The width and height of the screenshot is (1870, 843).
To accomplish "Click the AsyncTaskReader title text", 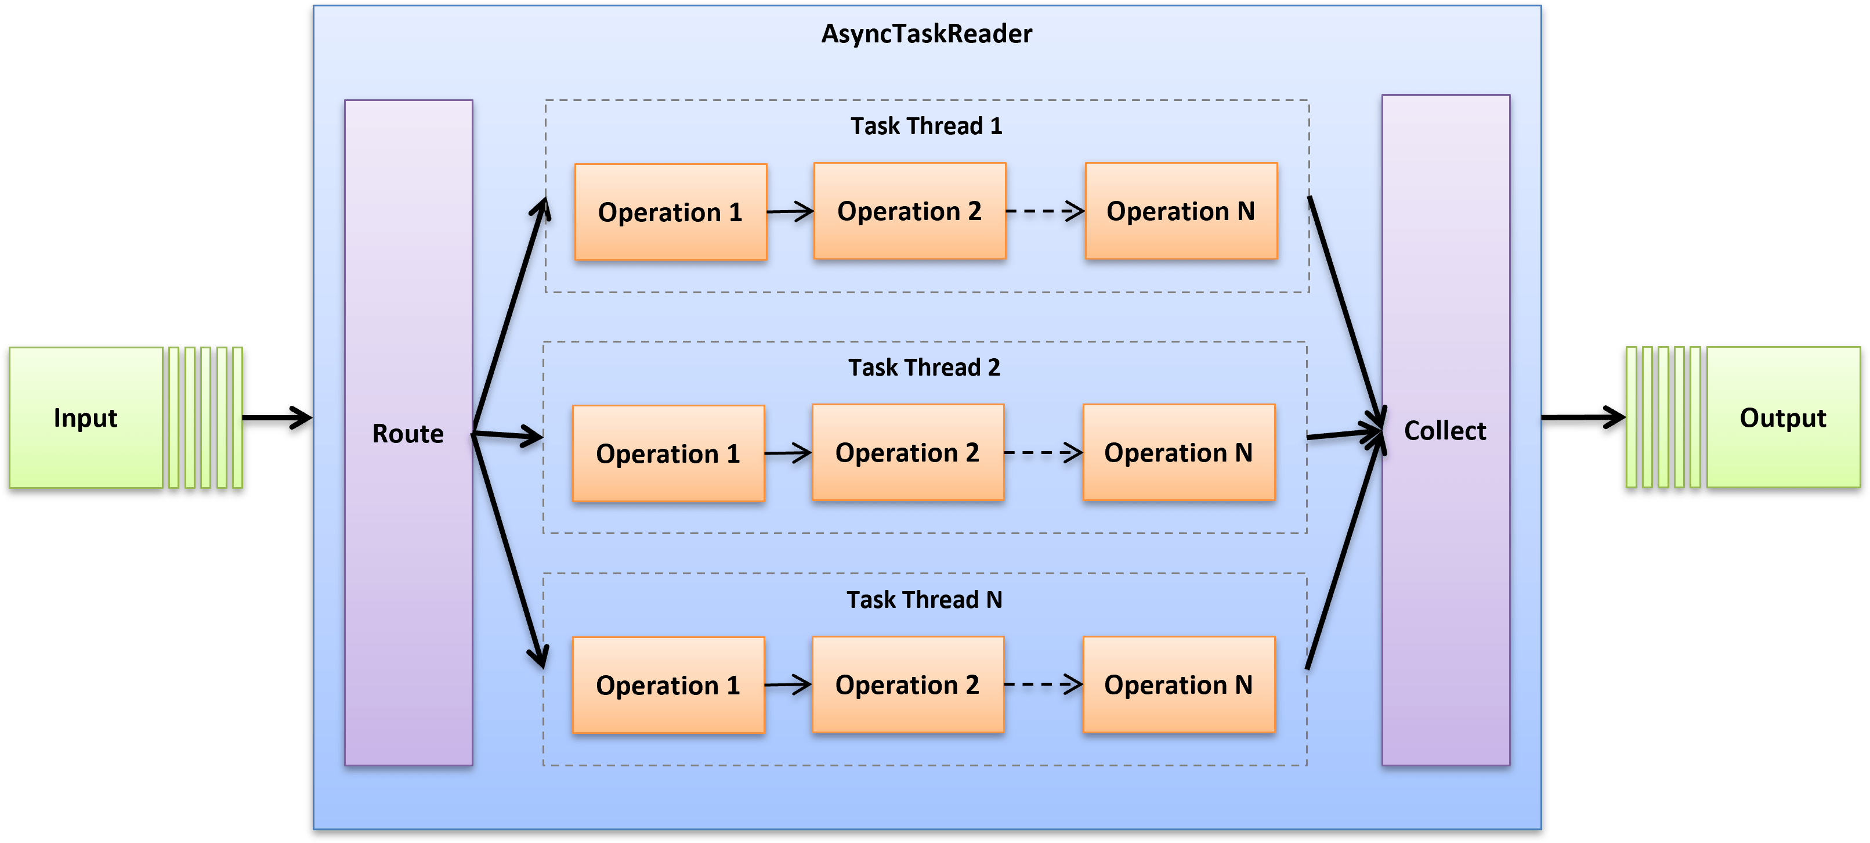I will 926,34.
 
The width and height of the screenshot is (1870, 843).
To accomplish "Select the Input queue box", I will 86,418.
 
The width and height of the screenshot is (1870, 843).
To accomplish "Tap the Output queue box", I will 1782,418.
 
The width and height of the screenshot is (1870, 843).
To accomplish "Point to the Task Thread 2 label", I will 924,368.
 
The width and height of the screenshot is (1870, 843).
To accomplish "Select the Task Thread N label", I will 924,600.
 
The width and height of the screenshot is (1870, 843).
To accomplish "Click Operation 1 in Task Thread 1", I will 670,212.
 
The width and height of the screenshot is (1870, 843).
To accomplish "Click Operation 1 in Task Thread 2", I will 668,454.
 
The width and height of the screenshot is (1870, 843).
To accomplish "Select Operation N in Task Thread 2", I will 1178,453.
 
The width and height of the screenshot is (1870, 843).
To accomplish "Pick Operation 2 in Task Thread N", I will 907,685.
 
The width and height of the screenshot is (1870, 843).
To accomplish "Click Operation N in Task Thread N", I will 1178,685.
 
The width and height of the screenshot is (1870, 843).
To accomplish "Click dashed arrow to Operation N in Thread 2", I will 1043,452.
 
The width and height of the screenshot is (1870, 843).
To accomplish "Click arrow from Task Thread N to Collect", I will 1343,552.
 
